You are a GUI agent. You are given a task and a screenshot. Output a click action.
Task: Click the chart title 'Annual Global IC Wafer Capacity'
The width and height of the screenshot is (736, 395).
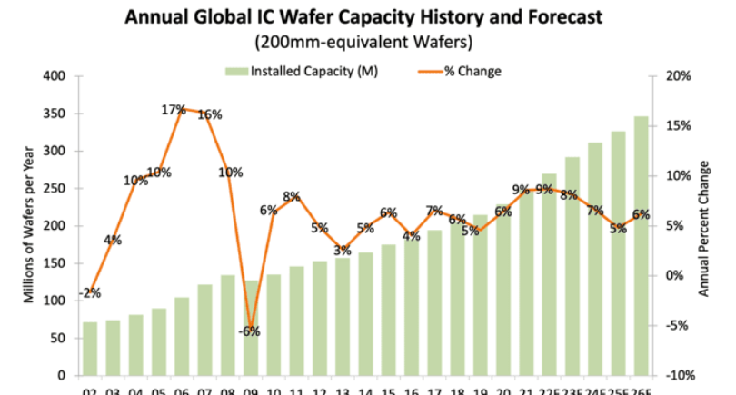368,16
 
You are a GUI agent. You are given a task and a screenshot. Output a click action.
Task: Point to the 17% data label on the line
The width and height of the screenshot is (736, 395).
174,110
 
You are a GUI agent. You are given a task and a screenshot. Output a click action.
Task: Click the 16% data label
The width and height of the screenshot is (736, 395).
210,114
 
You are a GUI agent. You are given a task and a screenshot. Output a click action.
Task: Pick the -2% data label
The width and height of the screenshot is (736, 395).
89,293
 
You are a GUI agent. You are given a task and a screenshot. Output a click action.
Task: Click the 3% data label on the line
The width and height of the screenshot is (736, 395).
342,251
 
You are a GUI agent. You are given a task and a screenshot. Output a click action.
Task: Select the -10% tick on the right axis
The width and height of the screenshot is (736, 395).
681,375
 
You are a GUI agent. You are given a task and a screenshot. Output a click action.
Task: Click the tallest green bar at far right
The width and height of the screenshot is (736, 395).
641,245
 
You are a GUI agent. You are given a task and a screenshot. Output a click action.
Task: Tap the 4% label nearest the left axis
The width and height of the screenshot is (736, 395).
113,241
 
